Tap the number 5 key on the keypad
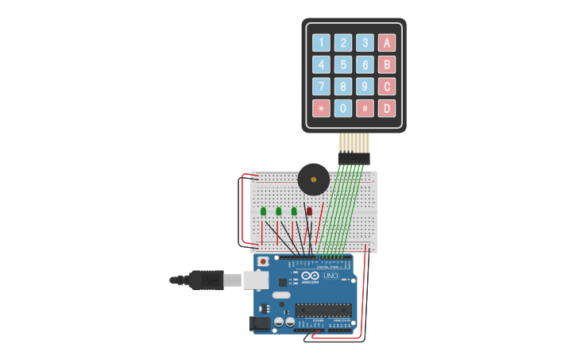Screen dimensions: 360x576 (343, 64)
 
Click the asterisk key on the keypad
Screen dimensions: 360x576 (321, 108)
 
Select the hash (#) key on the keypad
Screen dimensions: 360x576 (365, 108)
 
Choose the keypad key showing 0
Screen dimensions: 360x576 (343, 108)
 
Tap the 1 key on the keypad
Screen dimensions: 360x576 (321, 43)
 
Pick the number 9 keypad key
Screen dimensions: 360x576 (365, 87)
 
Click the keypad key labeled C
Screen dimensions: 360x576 (387, 87)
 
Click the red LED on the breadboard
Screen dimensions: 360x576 (309, 211)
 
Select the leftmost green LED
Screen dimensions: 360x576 (263, 211)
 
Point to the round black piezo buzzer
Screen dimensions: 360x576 (313, 180)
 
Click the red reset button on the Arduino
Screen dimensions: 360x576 (263, 261)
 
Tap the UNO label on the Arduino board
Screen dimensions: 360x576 (341, 276)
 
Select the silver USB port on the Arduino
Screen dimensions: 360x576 (255, 280)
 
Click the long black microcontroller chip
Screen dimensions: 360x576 (323, 309)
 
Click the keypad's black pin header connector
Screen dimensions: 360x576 (354, 159)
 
